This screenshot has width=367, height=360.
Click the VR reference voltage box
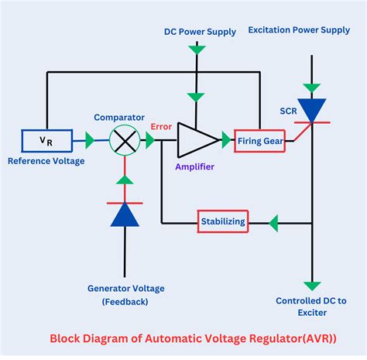tap(47, 141)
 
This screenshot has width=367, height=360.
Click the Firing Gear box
tap(260, 140)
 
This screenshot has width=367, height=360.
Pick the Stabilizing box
tap(224, 221)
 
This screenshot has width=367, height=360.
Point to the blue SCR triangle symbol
tap(312, 108)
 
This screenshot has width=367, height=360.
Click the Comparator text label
tap(119, 117)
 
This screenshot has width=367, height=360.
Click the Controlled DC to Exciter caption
tap(313, 307)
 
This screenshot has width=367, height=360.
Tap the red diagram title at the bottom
tap(183, 338)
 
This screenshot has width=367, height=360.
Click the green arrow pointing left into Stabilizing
tap(273, 222)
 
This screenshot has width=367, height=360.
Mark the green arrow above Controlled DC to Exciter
tap(312, 286)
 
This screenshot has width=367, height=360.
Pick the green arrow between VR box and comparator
tap(91, 141)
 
